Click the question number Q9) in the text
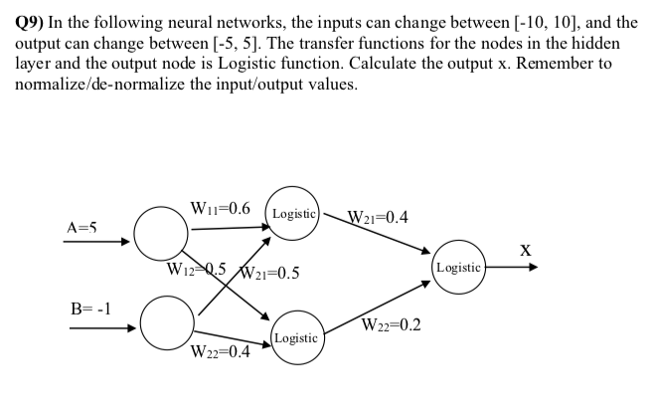click(x=34, y=22)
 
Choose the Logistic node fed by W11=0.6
click(x=293, y=214)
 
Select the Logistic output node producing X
click(x=458, y=268)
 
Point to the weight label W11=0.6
click(x=221, y=209)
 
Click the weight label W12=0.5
click(x=199, y=269)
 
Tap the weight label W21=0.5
click(x=269, y=274)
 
